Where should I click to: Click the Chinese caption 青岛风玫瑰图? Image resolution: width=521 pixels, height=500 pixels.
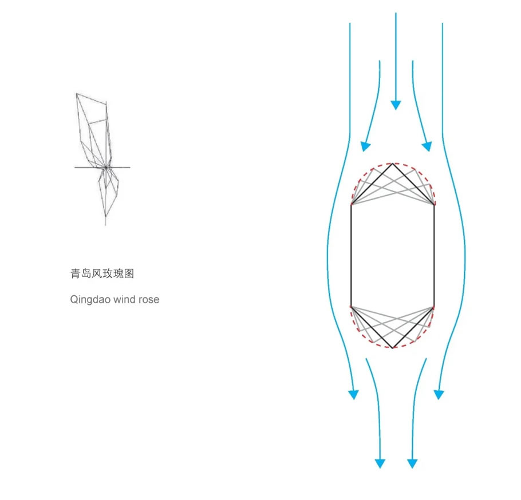pyautogui.click(x=102, y=273)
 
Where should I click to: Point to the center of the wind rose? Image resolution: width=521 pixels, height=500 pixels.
pyautogui.click(x=106, y=167)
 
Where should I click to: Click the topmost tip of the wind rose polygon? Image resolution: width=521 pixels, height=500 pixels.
pyautogui.click(x=76, y=94)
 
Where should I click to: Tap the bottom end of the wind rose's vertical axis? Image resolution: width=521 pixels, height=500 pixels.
pyautogui.click(x=106, y=225)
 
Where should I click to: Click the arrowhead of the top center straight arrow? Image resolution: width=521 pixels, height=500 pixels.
pyautogui.click(x=396, y=105)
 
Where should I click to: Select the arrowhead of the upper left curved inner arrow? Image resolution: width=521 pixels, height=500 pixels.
pyautogui.click(x=365, y=146)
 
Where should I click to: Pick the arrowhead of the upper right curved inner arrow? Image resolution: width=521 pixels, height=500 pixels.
pyautogui.click(x=427, y=146)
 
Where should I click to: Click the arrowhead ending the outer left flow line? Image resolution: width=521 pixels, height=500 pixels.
pyautogui.click(x=354, y=395)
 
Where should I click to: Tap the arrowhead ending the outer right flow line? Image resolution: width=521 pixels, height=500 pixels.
pyautogui.click(x=439, y=395)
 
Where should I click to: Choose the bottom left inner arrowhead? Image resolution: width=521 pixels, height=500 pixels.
pyautogui.click(x=380, y=463)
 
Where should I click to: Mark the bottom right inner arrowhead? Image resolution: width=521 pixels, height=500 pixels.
pyautogui.click(x=412, y=463)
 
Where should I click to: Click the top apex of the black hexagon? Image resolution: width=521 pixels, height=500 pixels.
pyautogui.click(x=392, y=164)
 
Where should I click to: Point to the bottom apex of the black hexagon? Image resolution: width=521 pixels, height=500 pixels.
pyautogui.click(x=393, y=348)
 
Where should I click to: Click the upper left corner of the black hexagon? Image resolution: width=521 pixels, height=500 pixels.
pyautogui.click(x=351, y=205)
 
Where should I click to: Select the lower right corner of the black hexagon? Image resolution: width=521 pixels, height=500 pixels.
pyautogui.click(x=434, y=307)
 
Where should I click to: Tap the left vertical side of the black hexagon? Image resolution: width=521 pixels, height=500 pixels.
pyautogui.click(x=351, y=256)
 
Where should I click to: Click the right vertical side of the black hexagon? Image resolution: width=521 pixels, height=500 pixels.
pyautogui.click(x=434, y=256)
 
